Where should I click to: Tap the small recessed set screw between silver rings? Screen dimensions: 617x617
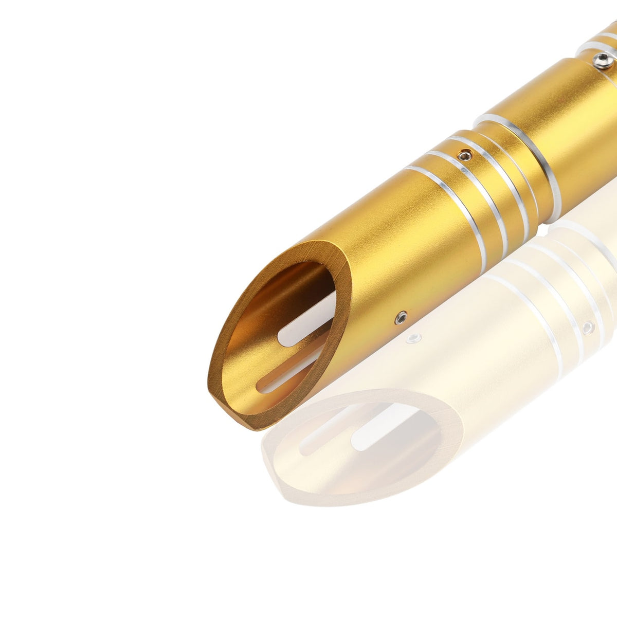click(x=465, y=154)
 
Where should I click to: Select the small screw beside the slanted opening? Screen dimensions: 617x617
click(x=401, y=318)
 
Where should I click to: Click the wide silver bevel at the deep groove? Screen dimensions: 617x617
click(x=535, y=154)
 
